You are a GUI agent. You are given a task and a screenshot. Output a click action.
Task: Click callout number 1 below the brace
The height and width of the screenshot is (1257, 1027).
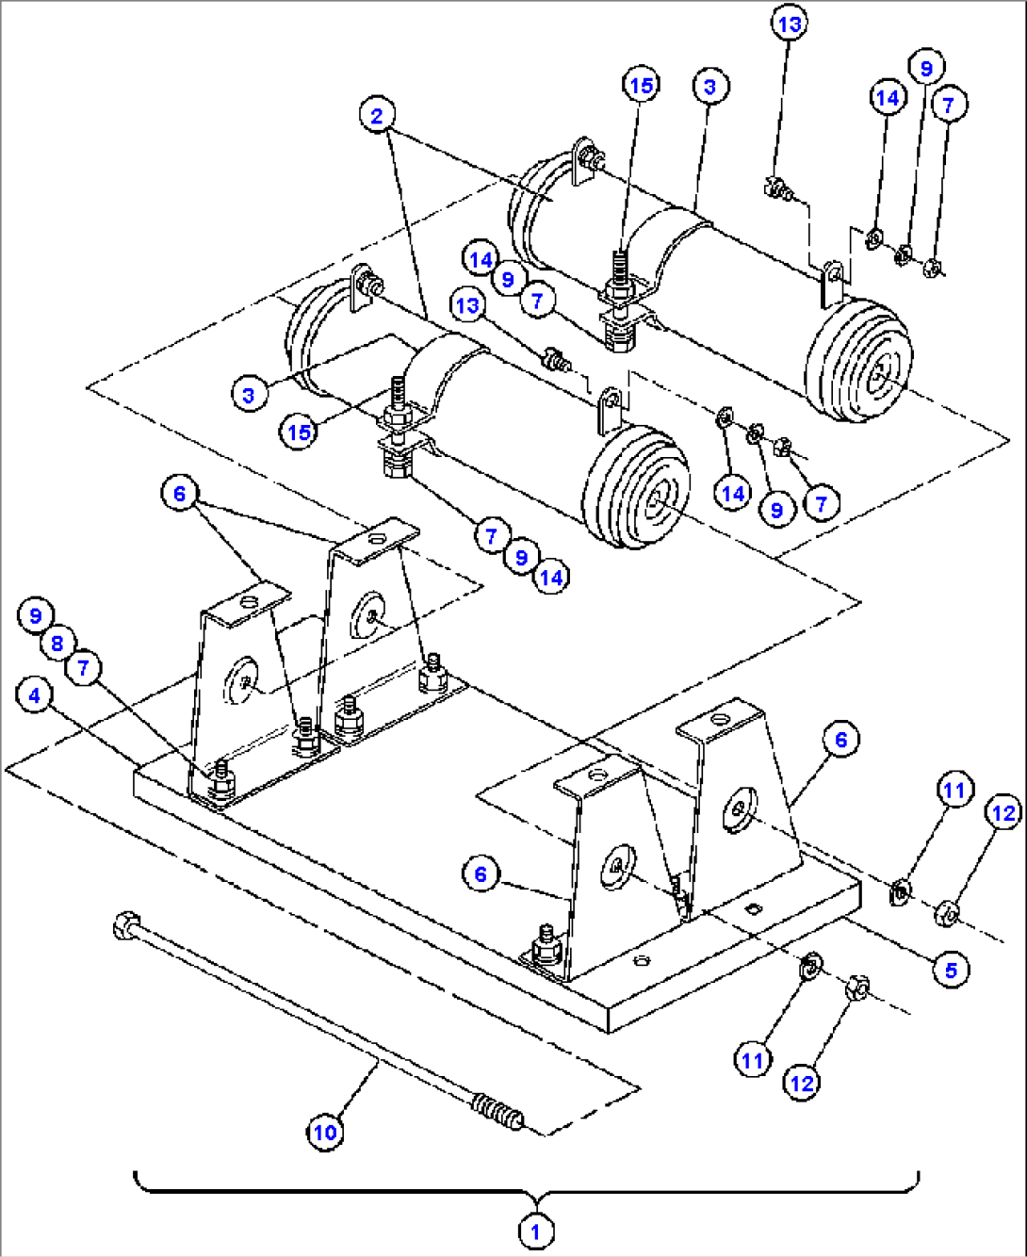535,1231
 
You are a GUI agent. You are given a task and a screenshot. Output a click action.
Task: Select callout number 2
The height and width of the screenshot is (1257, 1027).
377,116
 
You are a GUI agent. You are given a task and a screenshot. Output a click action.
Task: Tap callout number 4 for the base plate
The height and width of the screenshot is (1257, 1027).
35,695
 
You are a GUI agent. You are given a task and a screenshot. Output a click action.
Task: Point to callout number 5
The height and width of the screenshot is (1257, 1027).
951,970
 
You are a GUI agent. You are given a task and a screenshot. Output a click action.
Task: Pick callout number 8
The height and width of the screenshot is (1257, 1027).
57,643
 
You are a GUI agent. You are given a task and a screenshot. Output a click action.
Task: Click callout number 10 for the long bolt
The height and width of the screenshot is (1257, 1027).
325,1131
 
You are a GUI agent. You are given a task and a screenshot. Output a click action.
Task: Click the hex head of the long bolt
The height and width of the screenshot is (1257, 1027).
123,926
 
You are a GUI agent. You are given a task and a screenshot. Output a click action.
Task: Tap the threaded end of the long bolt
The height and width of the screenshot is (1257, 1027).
500,1112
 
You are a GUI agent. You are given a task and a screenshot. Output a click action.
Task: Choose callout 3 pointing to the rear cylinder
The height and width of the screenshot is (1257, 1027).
709,87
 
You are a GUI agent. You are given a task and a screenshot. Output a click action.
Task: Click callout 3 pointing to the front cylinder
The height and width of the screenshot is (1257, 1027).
248,394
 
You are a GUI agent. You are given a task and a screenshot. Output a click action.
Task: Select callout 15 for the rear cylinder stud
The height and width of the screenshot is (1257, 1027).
641,85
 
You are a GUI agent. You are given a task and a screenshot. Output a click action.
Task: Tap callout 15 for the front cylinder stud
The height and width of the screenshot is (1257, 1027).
299,432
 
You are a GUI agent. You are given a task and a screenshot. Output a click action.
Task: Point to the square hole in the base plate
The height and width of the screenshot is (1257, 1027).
751,908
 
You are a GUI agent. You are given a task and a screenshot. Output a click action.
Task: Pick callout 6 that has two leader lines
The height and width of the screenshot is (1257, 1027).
179,493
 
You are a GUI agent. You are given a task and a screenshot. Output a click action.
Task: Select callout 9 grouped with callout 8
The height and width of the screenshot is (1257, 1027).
35,615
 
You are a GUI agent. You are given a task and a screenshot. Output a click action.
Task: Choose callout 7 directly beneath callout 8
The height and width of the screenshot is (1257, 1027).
83,668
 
